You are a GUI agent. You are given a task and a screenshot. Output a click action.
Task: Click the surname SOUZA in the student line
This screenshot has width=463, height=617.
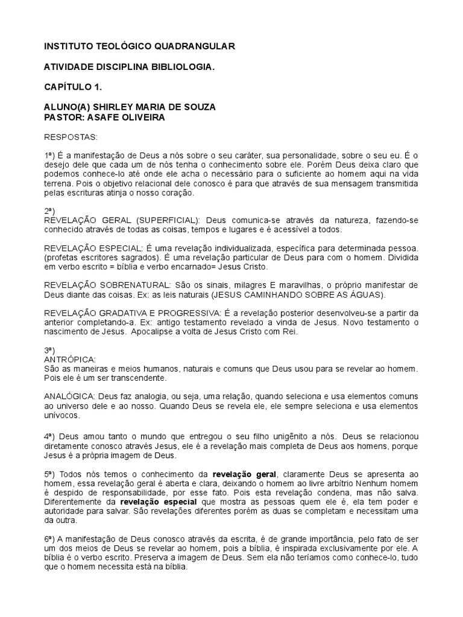click(x=195, y=107)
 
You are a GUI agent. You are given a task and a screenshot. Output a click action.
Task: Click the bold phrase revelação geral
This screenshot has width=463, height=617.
click(x=244, y=474)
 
